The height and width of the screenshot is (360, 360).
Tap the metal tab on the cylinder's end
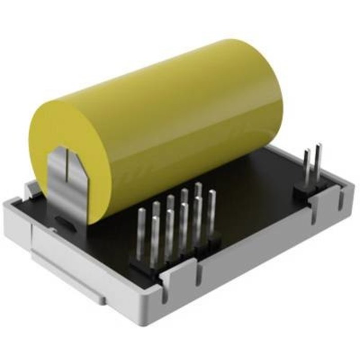coord(64,172)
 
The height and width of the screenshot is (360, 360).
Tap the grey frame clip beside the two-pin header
coord(334,198)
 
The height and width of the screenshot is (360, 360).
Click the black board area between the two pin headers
coord(257,206)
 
